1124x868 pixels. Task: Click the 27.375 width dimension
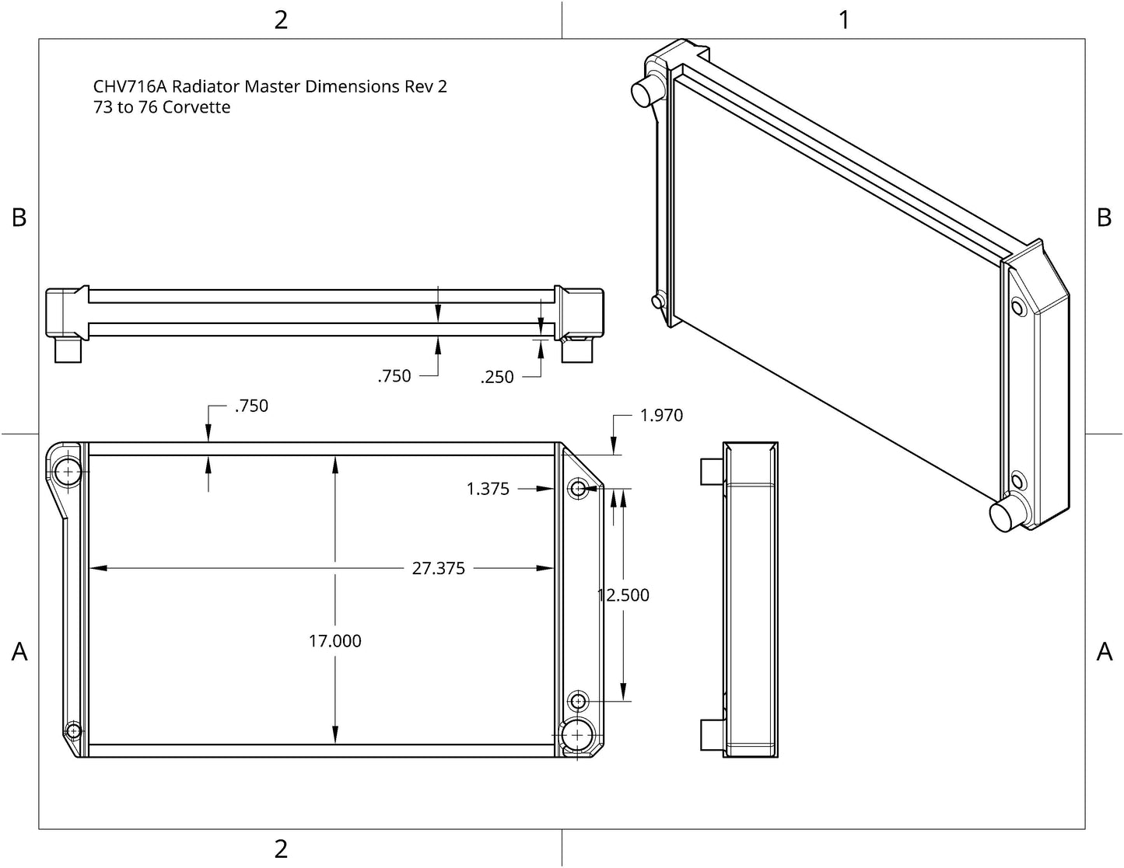click(438, 568)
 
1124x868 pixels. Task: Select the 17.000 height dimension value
click(334, 641)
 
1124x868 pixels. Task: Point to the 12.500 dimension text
click(623, 595)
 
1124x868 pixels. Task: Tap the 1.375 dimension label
click(488, 489)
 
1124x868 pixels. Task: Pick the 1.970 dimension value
click(662, 416)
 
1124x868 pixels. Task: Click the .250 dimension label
click(496, 377)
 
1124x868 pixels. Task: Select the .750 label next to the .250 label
click(394, 376)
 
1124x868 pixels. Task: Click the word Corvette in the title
click(196, 107)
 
